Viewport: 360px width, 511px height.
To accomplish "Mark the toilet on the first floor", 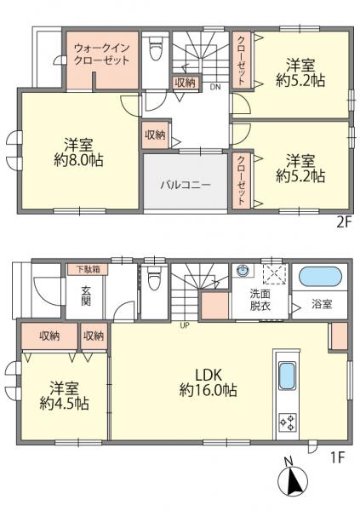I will tap(155, 279).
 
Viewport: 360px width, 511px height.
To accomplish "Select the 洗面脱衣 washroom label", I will tap(260, 301).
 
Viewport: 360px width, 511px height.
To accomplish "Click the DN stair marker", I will tap(214, 87).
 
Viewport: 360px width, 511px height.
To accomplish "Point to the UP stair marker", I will tap(184, 324).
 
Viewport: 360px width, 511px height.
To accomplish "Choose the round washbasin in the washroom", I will tap(243, 272).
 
